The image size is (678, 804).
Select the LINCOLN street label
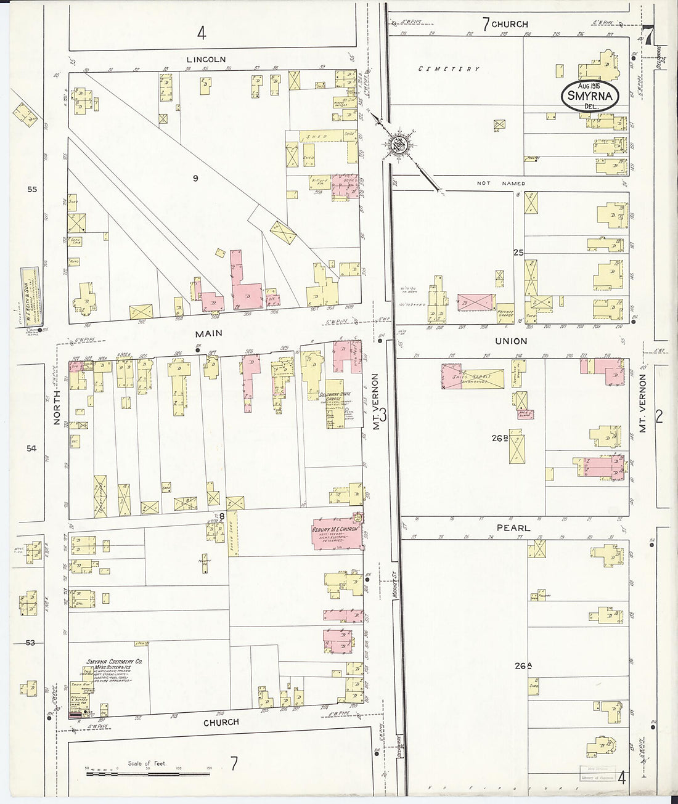point(206,60)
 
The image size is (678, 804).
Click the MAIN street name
point(209,333)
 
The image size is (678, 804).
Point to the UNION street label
point(512,341)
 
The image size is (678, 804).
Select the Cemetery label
point(449,69)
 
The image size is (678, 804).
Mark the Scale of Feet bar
point(147,772)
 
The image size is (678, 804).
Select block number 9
point(195,179)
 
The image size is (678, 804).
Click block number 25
point(518,253)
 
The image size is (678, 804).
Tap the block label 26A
point(523,665)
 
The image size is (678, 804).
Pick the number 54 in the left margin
point(31,449)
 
